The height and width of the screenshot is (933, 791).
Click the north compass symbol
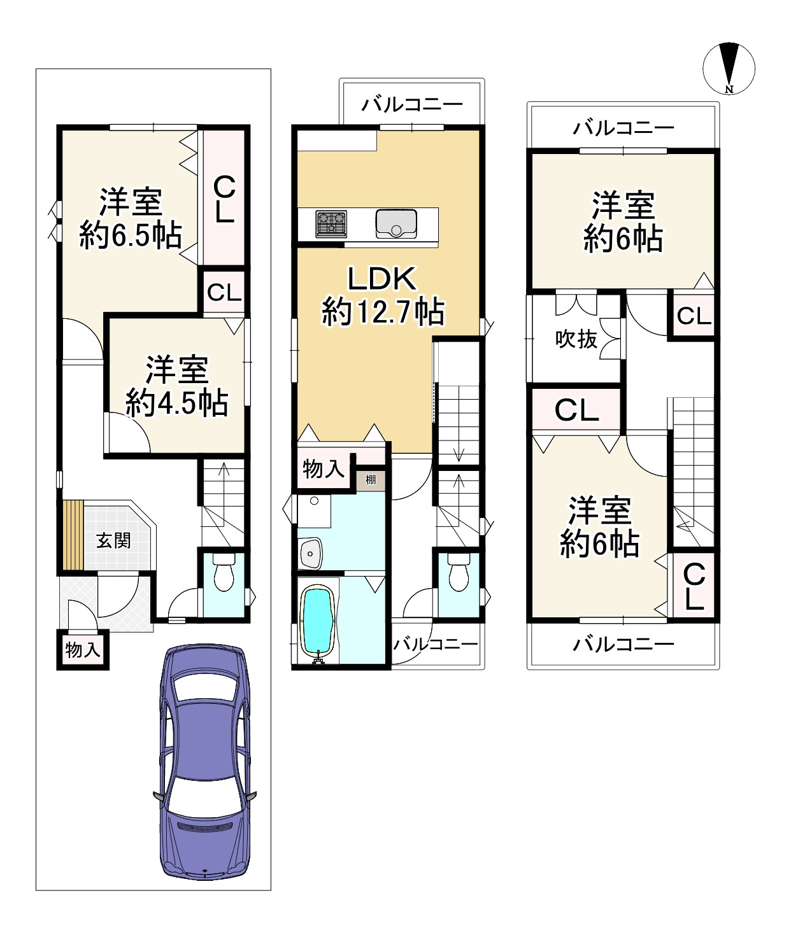(729, 69)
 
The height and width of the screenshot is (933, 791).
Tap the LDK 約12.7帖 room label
(382, 296)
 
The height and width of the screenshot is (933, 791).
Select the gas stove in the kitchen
(331, 223)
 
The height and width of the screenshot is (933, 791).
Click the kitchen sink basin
(396, 223)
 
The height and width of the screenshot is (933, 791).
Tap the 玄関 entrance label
(113, 540)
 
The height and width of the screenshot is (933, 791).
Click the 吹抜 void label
(576, 339)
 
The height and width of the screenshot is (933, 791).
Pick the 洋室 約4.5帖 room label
(176, 386)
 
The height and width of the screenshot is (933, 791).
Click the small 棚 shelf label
(371, 479)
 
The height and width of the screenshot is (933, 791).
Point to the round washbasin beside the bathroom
(310, 553)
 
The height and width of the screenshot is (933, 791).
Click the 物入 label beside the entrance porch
(83, 650)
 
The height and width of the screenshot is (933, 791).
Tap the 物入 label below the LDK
(323, 469)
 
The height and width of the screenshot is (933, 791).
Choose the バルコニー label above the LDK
(412, 105)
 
